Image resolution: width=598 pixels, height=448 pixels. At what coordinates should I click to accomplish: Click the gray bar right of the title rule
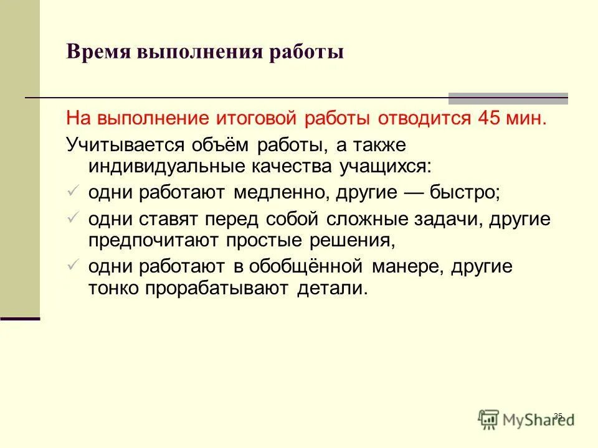click(x=508, y=98)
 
